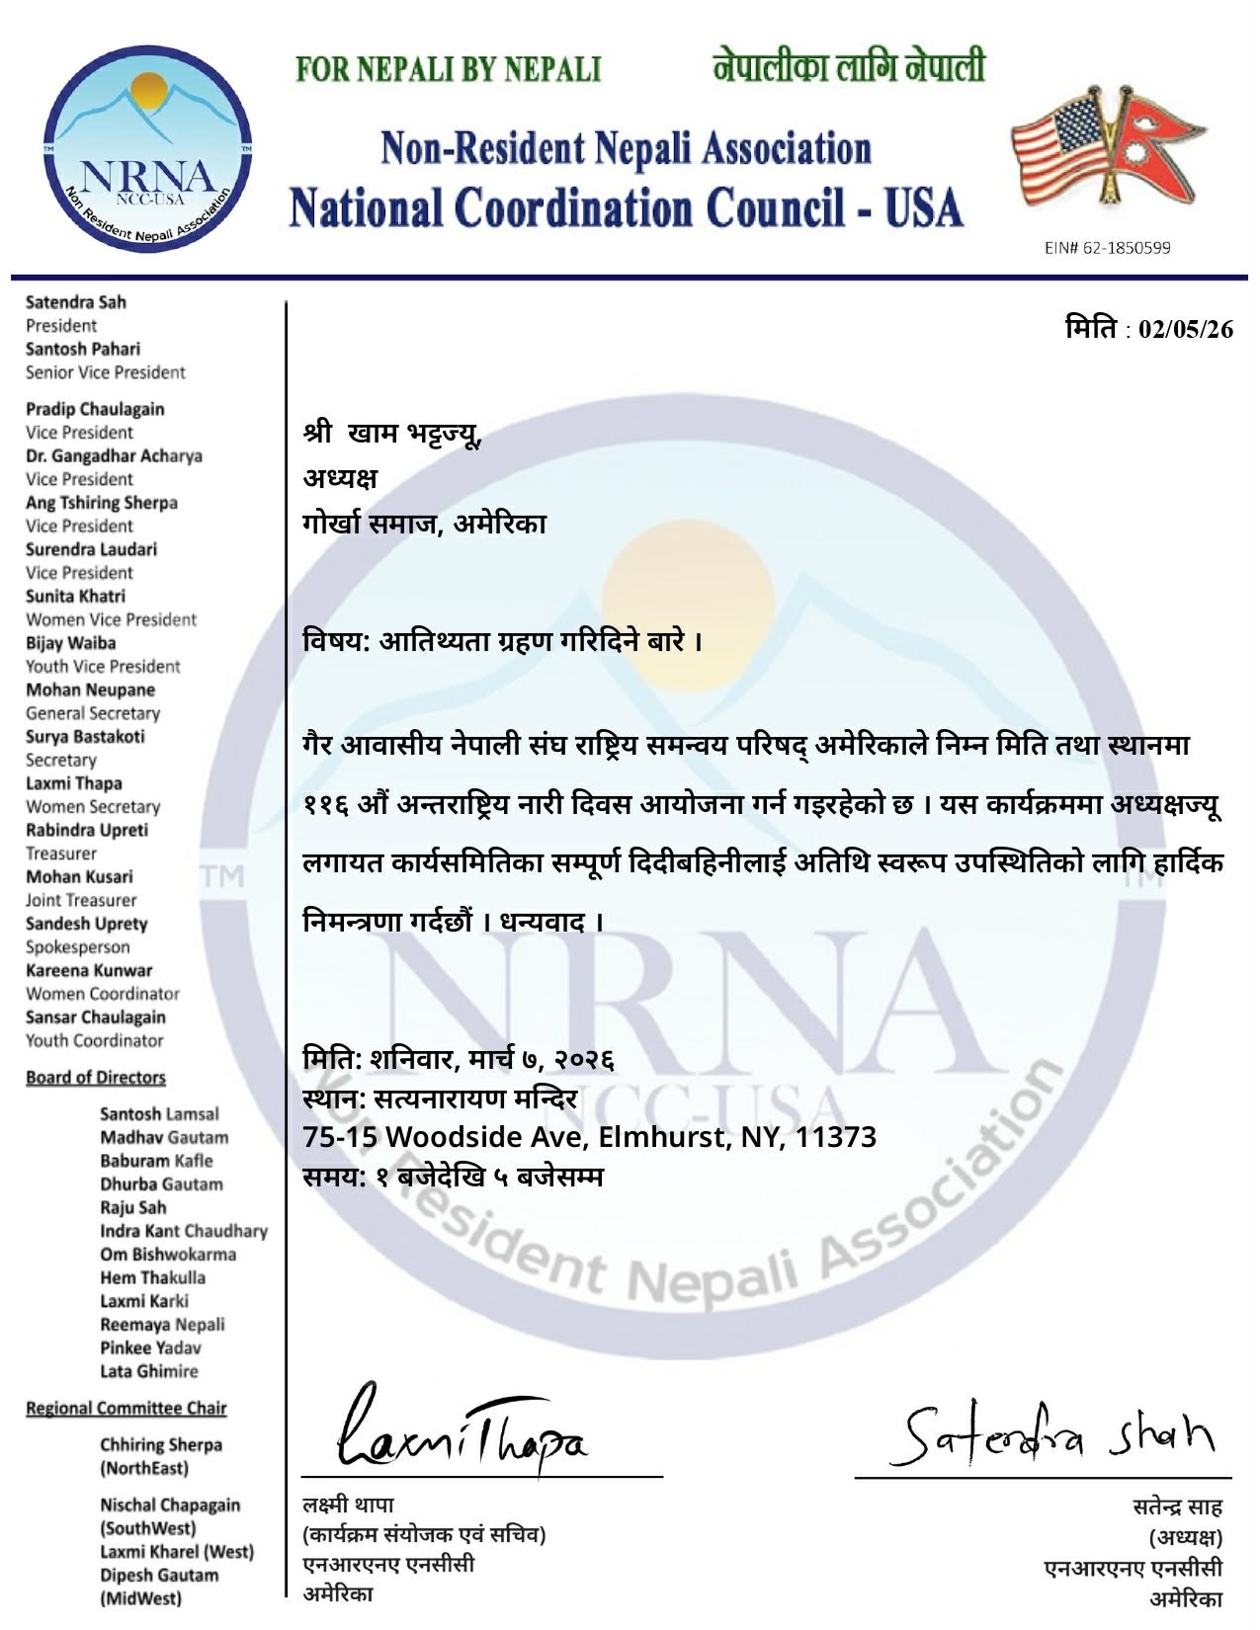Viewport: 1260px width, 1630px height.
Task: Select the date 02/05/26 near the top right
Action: coord(1186,329)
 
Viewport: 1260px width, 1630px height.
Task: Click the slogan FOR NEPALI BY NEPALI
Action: coord(449,69)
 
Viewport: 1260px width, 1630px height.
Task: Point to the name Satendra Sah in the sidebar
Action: coord(76,302)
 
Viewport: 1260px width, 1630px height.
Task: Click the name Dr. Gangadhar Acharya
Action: coord(114,455)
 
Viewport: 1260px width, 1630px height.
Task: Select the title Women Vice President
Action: coord(111,619)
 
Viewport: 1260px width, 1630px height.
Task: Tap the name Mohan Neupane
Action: coord(90,690)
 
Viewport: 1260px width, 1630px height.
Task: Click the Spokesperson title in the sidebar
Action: coord(77,946)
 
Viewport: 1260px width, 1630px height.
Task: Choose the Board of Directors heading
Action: coord(95,1077)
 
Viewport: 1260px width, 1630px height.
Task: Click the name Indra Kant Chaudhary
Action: coord(183,1231)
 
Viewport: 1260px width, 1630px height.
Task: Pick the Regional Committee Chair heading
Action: coord(126,1408)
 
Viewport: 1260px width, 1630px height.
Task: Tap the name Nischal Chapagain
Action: coord(169,1505)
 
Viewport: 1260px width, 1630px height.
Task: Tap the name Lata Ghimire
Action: coord(148,1371)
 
